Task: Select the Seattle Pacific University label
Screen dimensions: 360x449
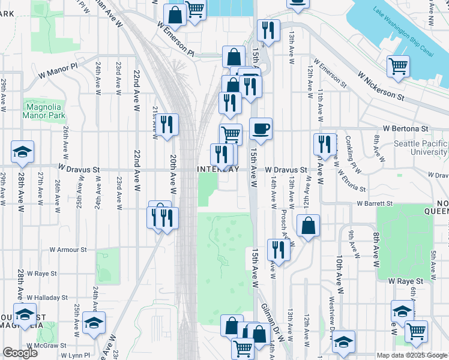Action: click(420, 148)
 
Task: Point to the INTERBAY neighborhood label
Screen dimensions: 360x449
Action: click(218, 170)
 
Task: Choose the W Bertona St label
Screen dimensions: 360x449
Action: click(405, 128)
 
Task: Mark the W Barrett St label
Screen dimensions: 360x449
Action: click(374, 203)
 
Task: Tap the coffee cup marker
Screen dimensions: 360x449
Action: click(261, 128)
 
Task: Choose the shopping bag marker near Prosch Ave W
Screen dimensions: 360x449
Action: click(308, 226)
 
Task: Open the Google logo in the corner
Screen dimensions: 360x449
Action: click(20, 353)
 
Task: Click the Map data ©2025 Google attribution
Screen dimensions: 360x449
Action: click(412, 355)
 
